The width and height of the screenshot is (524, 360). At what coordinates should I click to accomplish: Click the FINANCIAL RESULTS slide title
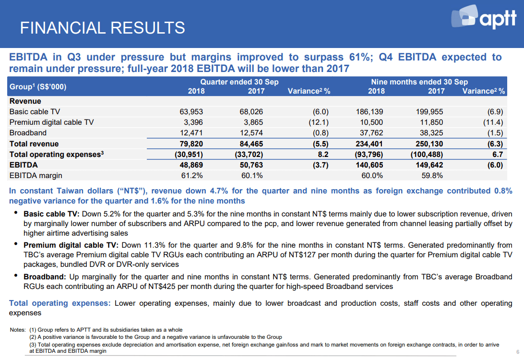tap(102, 28)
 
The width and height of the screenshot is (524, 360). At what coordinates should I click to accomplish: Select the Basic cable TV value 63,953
tap(191, 112)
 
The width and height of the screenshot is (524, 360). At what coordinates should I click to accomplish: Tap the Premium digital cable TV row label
tap(51, 122)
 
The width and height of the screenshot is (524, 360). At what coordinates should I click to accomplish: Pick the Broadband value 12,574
tap(251, 132)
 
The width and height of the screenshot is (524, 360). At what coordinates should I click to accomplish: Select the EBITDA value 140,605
tap(369, 165)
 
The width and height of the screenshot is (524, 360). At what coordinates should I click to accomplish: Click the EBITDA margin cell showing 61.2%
tap(192, 176)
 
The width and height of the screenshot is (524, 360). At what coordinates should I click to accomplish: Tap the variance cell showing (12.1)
tap(319, 122)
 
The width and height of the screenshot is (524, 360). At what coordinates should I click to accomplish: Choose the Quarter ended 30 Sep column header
tap(239, 82)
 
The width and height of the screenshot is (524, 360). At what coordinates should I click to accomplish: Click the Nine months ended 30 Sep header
tap(419, 82)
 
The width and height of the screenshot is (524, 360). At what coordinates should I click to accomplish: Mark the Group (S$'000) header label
tap(38, 86)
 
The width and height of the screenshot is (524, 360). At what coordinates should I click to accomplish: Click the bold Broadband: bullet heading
tap(45, 277)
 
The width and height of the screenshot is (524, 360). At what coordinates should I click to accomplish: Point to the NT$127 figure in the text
tap(302, 255)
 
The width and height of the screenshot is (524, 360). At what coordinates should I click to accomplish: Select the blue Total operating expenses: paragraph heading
tap(60, 303)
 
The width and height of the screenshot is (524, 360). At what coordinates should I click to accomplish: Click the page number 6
tap(518, 352)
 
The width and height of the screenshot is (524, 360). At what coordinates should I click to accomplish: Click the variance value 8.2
tap(323, 155)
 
